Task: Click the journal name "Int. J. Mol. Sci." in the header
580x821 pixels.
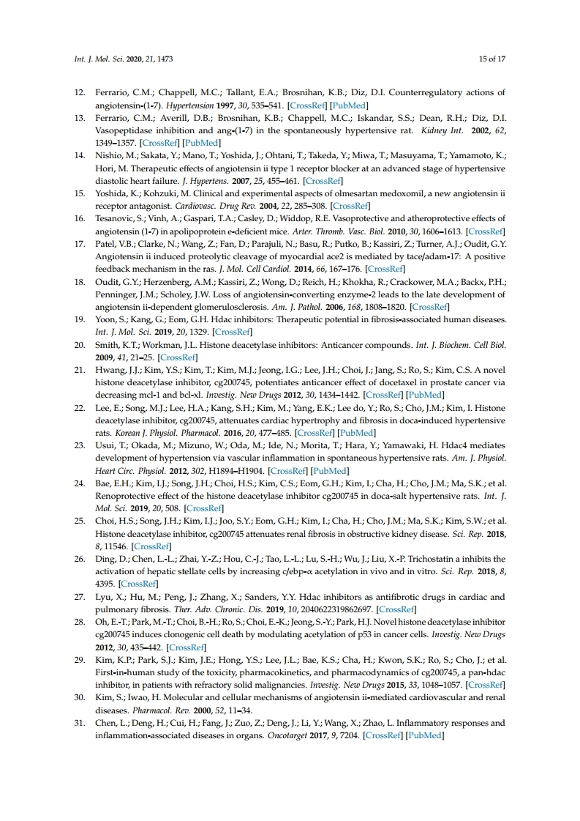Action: [98, 59]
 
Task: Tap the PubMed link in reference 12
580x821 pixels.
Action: [352, 105]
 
